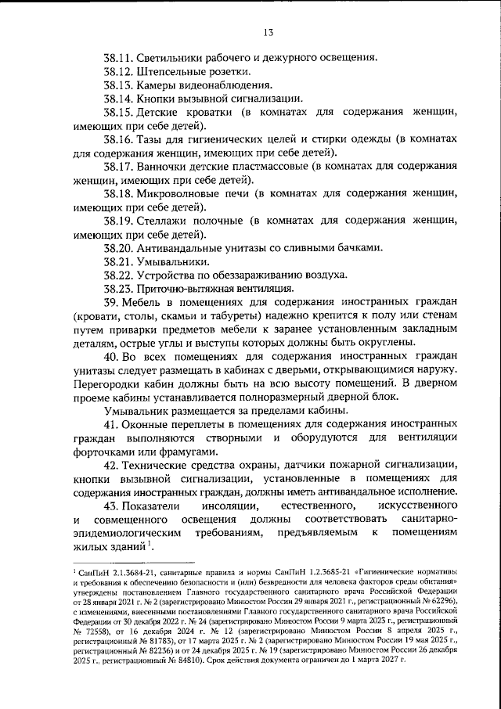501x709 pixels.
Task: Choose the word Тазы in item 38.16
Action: tap(151, 141)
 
